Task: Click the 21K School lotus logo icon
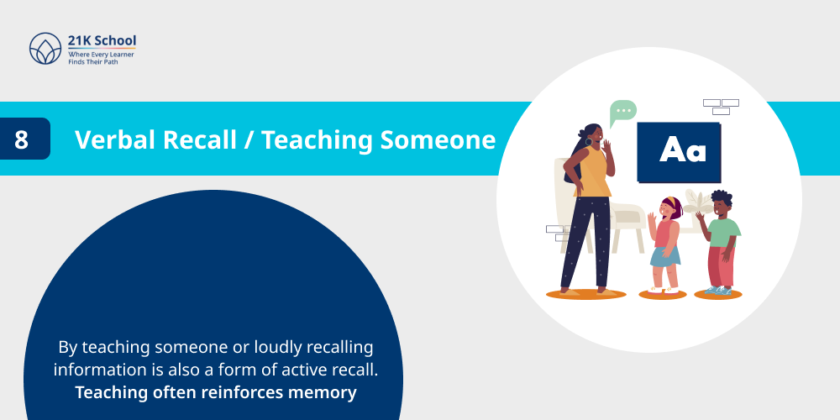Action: (x=45, y=49)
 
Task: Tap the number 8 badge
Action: (x=22, y=139)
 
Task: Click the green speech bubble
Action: (x=622, y=111)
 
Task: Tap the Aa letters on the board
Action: (x=682, y=151)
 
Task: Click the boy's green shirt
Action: (x=722, y=229)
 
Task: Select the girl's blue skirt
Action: (x=665, y=255)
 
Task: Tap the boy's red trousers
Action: (x=720, y=265)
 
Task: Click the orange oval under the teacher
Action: (x=585, y=294)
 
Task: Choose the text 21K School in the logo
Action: (x=102, y=40)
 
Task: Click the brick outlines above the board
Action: (x=721, y=107)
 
